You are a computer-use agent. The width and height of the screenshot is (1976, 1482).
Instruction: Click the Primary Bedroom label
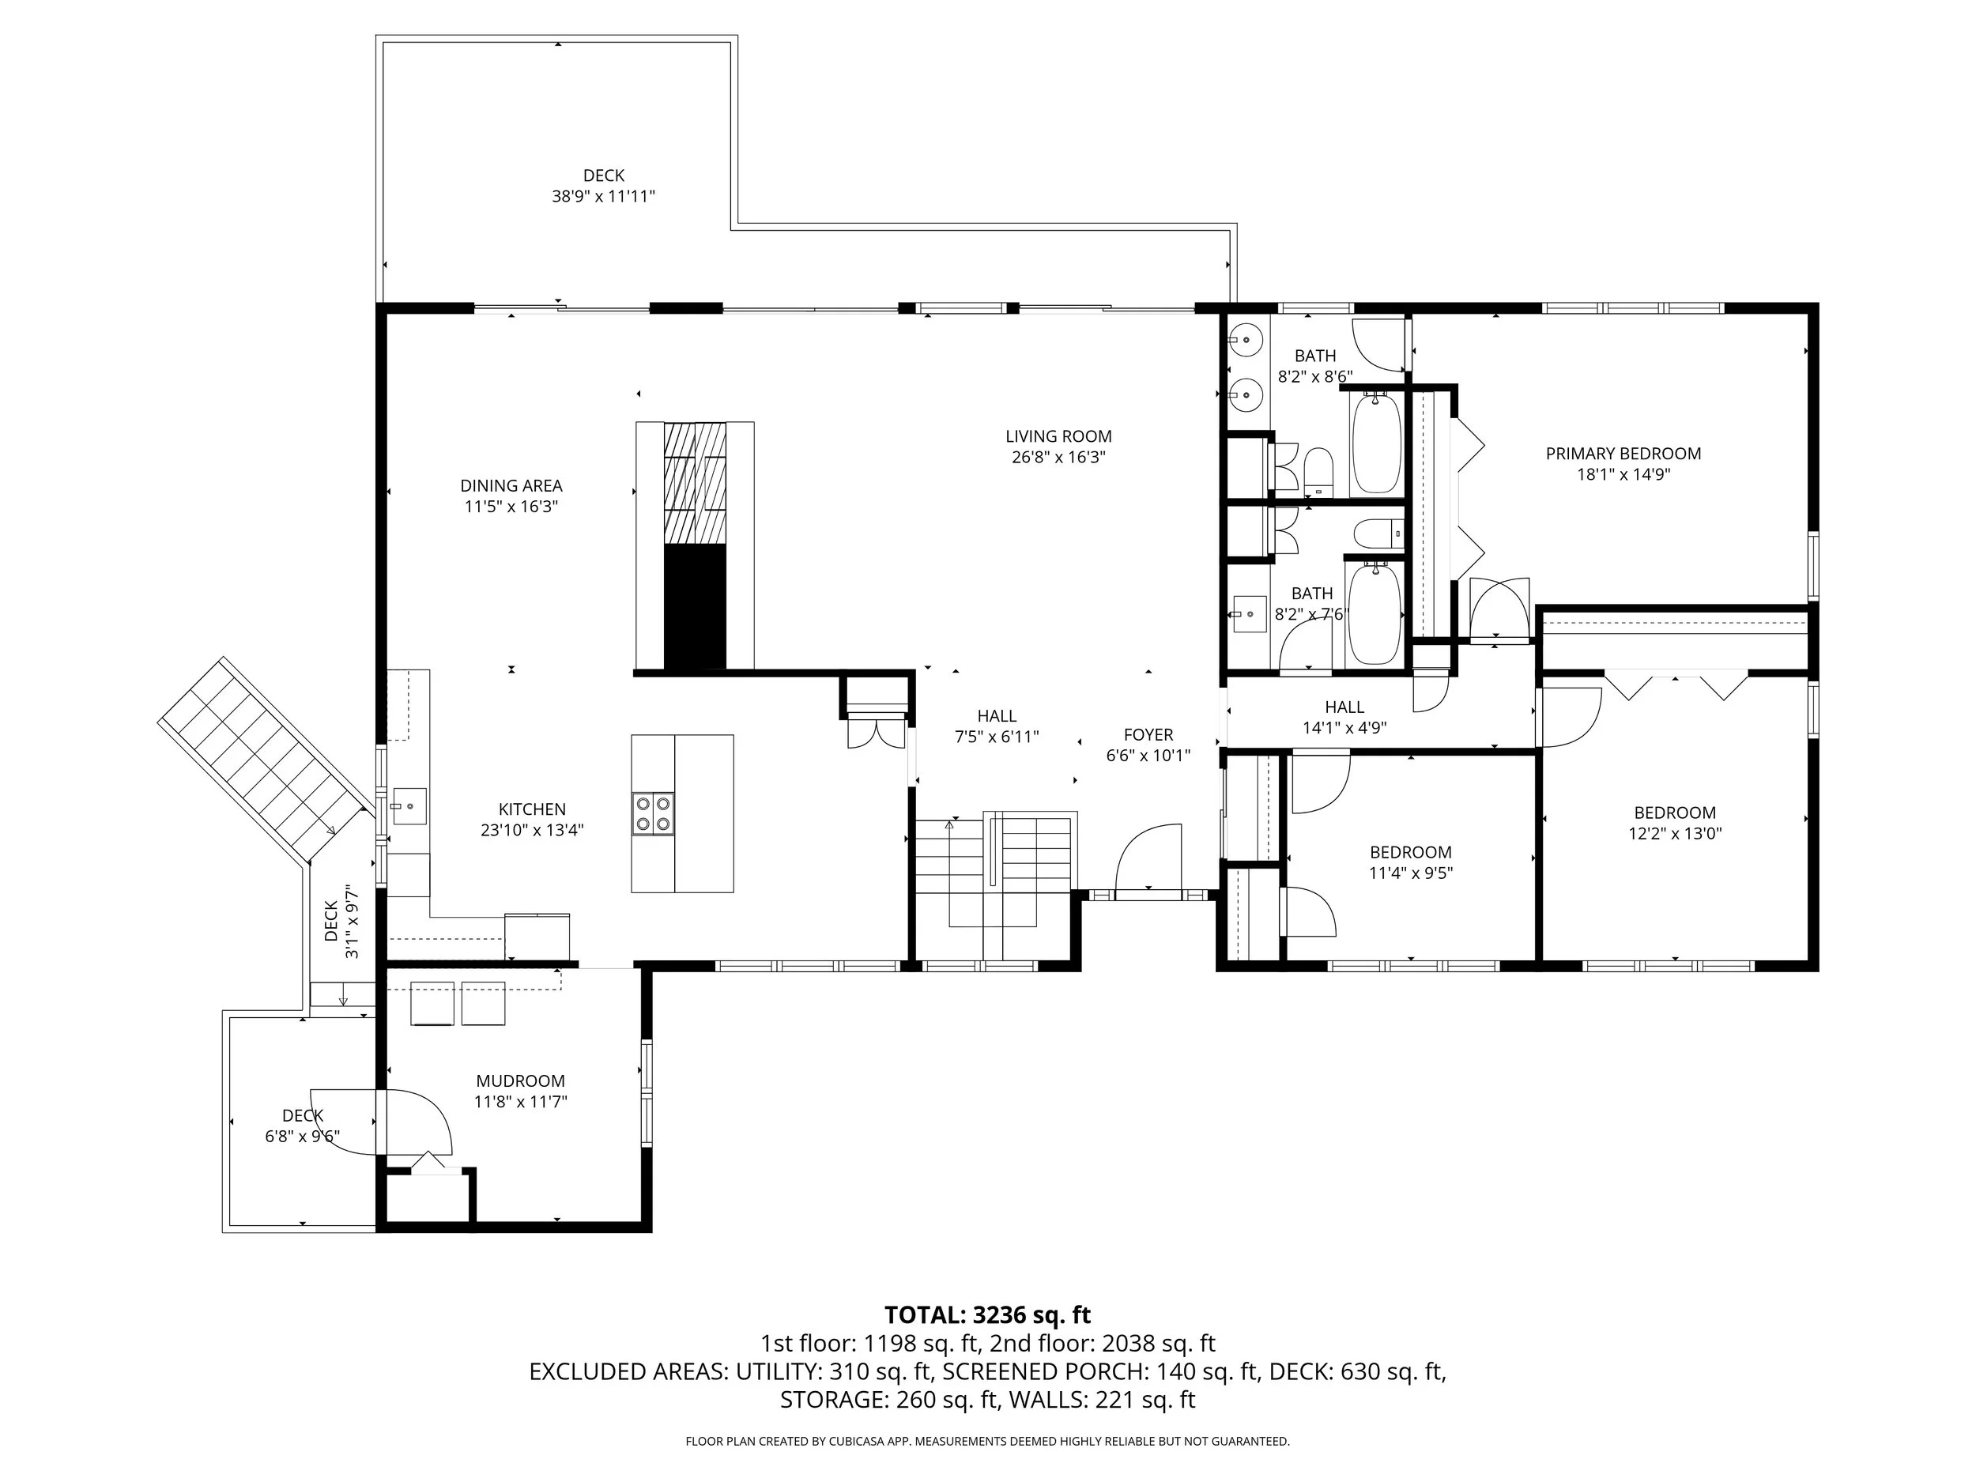(1623, 454)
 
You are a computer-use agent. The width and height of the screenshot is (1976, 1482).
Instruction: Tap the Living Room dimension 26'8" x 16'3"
(1058, 458)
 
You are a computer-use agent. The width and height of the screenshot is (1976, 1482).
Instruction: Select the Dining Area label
(511, 486)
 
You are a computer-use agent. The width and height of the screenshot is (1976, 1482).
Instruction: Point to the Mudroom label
(520, 1081)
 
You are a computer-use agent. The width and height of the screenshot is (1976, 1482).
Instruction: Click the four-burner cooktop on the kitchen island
(653, 814)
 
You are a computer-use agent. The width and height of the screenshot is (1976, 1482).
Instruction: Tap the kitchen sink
(409, 805)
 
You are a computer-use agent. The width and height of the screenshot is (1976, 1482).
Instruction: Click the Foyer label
(1148, 735)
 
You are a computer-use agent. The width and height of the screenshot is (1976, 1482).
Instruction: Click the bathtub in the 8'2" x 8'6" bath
(1376, 443)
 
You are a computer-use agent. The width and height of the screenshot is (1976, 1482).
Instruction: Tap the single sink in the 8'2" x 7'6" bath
(1250, 613)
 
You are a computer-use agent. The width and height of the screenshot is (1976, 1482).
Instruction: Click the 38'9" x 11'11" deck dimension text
(604, 197)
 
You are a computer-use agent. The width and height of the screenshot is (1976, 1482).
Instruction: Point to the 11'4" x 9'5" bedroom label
(1411, 853)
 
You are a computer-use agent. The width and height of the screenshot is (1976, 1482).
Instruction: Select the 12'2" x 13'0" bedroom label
(1675, 813)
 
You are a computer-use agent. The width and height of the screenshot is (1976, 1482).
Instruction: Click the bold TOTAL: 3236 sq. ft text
(988, 1315)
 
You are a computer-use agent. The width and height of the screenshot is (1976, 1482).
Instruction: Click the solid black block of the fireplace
(695, 608)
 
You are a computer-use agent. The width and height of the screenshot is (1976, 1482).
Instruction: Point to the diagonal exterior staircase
(266, 761)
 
